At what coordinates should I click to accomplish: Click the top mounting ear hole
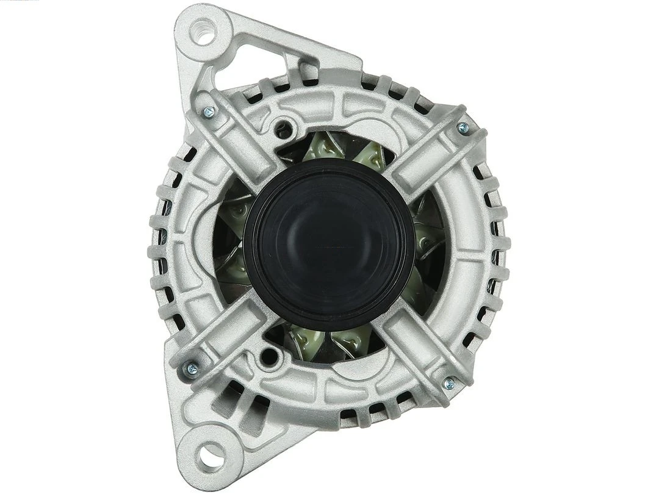click(x=203, y=30)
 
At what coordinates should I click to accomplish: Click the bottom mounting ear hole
click(x=211, y=454)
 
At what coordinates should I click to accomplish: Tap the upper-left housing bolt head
click(x=209, y=112)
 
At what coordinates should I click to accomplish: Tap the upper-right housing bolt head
click(x=463, y=128)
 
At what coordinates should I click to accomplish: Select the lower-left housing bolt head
click(x=192, y=368)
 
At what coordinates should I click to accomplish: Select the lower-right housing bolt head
click(x=449, y=383)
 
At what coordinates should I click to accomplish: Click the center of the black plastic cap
click(x=329, y=244)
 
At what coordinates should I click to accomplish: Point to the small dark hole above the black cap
click(x=283, y=129)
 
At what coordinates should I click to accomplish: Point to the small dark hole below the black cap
click(x=267, y=356)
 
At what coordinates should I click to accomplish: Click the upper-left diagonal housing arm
click(x=241, y=140)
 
